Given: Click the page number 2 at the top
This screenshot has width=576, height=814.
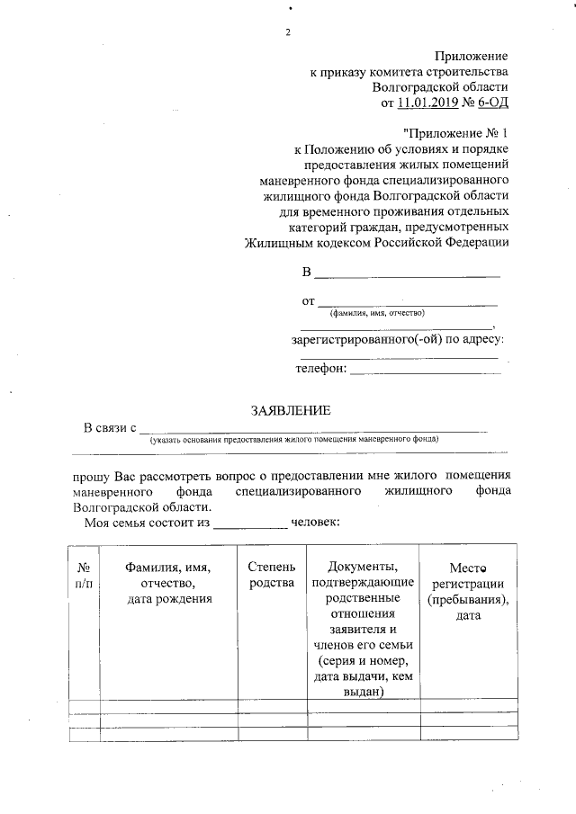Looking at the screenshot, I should point(288,33).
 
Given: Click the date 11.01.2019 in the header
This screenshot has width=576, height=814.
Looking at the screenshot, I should point(427,103).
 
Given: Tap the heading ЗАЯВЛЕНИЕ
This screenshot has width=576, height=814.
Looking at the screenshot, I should point(291,410).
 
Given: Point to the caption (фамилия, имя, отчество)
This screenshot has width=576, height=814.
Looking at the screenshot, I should point(377,313).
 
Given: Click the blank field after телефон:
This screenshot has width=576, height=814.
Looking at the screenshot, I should point(423,370).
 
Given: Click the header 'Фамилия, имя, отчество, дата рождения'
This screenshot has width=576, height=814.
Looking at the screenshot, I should point(168,584).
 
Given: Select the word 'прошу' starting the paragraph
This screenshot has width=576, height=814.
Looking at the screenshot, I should point(89,474).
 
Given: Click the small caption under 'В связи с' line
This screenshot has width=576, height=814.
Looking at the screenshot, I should point(294,440).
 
